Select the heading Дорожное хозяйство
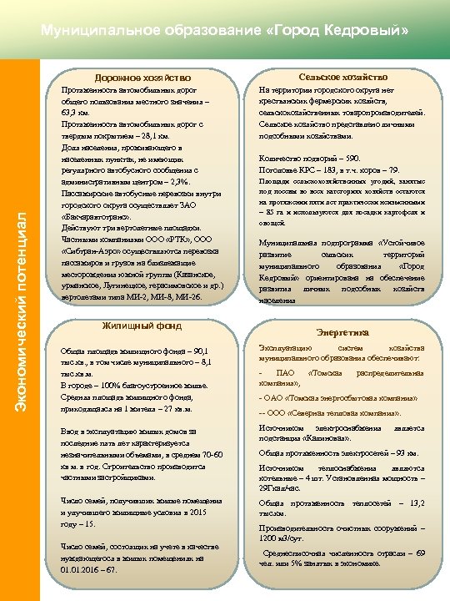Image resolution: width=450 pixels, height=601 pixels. coord(142,78)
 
